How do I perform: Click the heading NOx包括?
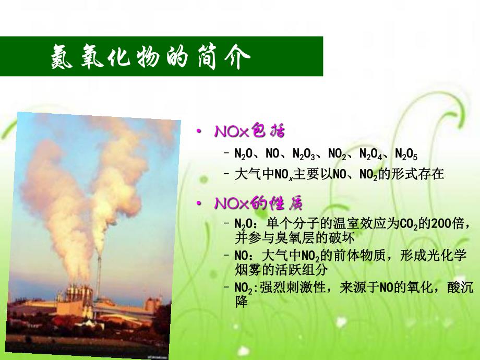(249, 131)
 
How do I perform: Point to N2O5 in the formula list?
(406, 154)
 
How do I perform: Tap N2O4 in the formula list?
(371, 154)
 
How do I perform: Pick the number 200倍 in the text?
(447, 224)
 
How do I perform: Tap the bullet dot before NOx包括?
(198, 131)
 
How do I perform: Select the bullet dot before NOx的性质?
(198, 203)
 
